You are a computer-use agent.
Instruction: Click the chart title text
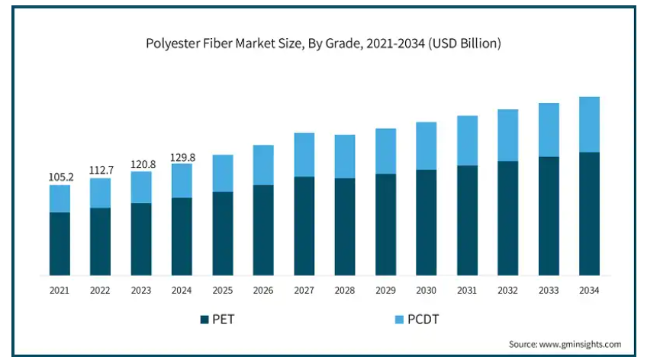coord(324,43)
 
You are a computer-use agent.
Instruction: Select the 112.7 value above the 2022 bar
coord(100,170)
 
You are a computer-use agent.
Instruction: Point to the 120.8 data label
coord(141,164)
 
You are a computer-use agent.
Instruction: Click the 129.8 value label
coord(182,157)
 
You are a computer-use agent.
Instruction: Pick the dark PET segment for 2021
coord(60,244)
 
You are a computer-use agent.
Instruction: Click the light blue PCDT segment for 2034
coord(589,124)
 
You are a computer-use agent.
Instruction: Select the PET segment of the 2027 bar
coord(304,226)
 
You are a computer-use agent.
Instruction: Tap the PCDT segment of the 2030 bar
coord(426,146)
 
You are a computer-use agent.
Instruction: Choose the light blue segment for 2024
coord(182,181)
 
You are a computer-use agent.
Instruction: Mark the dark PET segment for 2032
coord(507,218)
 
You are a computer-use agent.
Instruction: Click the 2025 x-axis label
coord(222,291)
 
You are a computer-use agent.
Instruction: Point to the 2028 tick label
coord(345,291)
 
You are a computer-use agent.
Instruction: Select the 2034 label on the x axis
coord(589,291)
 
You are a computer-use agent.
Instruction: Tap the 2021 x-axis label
coord(60,291)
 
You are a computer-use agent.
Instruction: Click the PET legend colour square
coord(204,320)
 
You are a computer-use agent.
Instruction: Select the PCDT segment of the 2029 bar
coord(385,151)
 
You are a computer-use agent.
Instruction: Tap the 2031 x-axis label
coord(467,291)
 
